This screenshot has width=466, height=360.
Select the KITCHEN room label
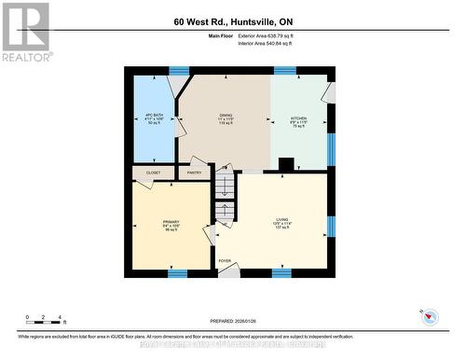298,120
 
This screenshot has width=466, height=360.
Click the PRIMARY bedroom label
169,224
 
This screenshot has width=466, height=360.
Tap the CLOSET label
153,173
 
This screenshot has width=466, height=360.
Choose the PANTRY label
194,173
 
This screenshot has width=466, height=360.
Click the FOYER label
225,261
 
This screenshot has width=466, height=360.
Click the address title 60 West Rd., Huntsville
232,21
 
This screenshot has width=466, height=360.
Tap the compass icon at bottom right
429,315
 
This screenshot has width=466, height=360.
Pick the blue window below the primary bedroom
176,273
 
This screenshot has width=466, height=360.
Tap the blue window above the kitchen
284,70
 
